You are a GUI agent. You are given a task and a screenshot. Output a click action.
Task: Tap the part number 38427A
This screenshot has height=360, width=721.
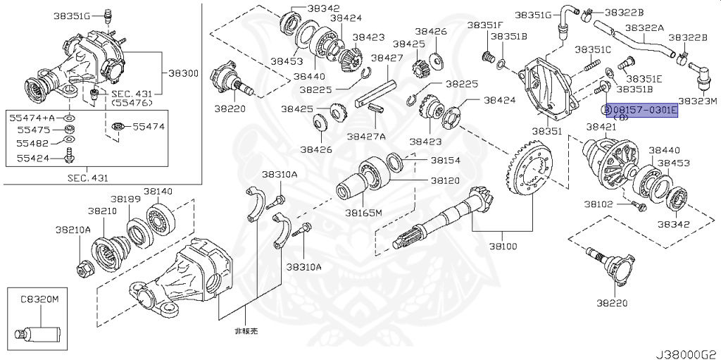pyautogui.click(x=371, y=136)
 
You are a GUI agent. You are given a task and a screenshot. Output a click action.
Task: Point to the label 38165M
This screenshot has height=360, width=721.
pyautogui.click(x=363, y=212)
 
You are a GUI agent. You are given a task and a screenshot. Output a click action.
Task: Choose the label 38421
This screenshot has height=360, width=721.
pyautogui.click(x=601, y=127)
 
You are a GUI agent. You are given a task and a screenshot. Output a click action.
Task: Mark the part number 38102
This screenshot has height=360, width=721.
pyautogui.click(x=598, y=204)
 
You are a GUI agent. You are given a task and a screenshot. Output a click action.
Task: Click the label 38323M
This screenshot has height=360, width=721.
pyautogui.click(x=697, y=101)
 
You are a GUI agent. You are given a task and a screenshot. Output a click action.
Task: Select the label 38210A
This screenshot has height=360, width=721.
pyautogui.click(x=74, y=229)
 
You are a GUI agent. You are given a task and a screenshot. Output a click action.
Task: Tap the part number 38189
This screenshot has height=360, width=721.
pyautogui.click(x=129, y=199)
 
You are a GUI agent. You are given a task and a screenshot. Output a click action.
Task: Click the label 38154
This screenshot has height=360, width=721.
pyautogui.click(x=445, y=161)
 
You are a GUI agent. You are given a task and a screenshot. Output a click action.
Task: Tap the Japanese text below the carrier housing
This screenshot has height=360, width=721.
pyautogui.click(x=246, y=330)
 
